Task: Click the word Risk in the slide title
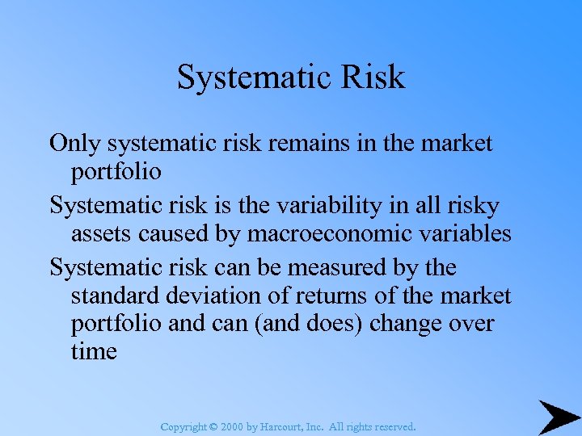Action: point(373,78)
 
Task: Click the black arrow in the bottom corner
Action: point(557,417)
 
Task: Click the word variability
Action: point(309,206)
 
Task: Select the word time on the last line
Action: point(94,352)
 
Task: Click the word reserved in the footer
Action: point(390,426)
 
